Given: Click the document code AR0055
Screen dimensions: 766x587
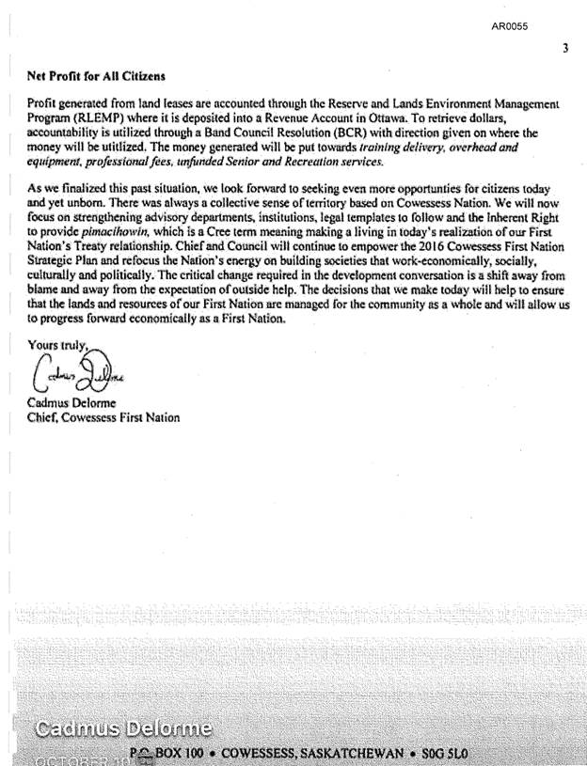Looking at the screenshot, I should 509,26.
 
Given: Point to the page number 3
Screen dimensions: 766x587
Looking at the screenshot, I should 564,48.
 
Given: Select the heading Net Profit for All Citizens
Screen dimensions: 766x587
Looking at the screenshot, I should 96,75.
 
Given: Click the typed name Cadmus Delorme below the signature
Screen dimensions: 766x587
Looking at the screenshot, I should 71,405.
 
